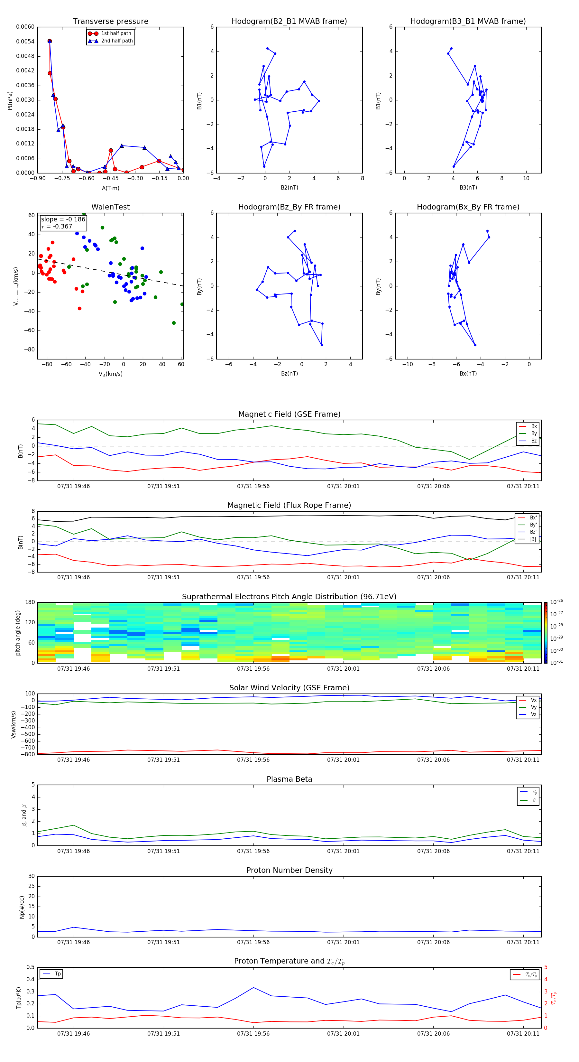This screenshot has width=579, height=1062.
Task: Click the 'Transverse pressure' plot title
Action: pos(110,22)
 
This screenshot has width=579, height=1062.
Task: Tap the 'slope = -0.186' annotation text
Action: pos(63,219)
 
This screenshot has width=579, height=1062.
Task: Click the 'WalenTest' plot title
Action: pos(110,207)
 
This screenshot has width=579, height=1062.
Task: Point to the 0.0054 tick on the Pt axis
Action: pos(25,42)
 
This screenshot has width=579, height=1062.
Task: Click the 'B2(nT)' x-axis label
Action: pos(289,188)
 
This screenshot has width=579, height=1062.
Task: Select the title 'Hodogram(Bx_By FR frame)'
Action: pos(468,207)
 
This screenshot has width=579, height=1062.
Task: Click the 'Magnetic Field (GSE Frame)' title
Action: pos(289,414)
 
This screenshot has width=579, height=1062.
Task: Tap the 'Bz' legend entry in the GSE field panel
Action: pos(534,441)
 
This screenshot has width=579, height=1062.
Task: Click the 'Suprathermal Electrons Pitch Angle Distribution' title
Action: pos(289,597)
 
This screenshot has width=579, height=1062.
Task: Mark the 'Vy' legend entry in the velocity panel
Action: pos(534,707)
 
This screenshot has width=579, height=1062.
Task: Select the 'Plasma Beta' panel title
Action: pos(289,779)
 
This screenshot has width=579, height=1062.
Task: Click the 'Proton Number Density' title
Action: pos(289,870)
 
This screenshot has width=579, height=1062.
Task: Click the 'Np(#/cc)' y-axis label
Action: pos(22,907)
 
